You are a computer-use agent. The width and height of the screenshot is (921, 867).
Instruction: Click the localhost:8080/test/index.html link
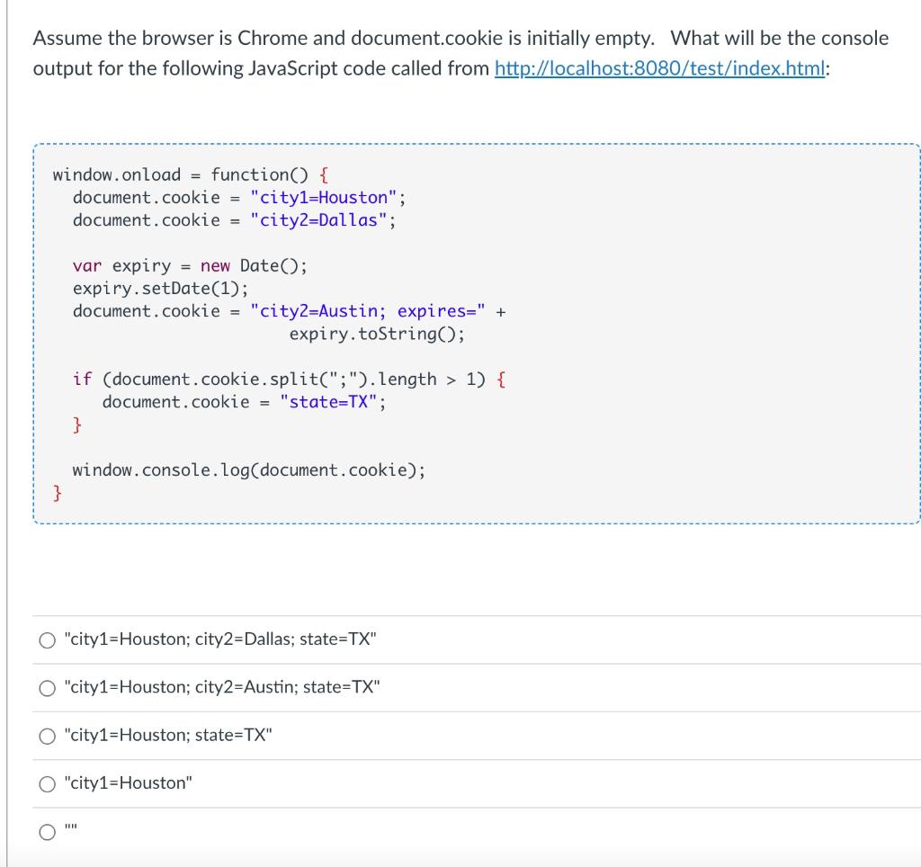[x=661, y=68]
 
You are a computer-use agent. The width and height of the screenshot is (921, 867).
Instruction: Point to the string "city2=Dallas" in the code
[x=319, y=220]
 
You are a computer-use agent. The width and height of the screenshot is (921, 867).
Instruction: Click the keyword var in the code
[x=87, y=266]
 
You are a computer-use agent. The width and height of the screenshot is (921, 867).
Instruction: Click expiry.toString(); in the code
[x=377, y=335]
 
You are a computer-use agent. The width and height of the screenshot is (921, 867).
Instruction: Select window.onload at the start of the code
[x=117, y=174]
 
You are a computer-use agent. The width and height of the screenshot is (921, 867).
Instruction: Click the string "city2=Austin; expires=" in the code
[x=369, y=311]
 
